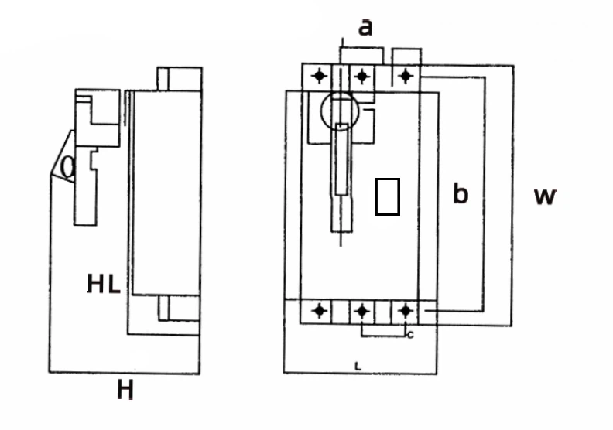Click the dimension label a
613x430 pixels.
point(365,28)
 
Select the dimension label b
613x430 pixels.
point(461,194)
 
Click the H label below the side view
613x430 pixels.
point(125,391)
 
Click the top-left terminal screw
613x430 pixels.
point(319,77)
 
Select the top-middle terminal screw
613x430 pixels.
point(361,77)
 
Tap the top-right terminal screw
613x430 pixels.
point(403,76)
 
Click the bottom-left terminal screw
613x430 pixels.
point(319,310)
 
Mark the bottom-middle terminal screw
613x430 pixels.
point(361,311)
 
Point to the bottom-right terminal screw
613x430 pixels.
point(403,310)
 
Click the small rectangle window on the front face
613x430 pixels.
point(387,196)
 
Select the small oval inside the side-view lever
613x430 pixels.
point(68,167)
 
